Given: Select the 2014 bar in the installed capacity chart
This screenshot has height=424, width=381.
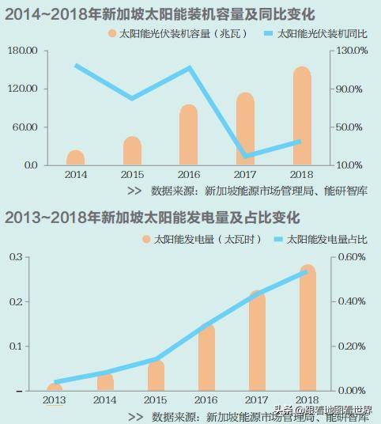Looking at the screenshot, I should pyautogui.click(x=76, y=157).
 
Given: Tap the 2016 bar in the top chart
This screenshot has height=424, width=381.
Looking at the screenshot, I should pyautogui.click(x=188, y=135).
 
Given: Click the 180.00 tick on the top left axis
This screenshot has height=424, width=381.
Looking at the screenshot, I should pyautogui.click(x=25, y=51).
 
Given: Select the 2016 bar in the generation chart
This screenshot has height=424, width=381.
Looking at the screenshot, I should pyautogui.click(x=206, y=356).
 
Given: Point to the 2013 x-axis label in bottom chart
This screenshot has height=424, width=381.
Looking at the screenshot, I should pyautogui.click(x=55, y=402).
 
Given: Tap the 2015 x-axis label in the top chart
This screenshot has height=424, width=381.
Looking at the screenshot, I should pyautogui.click(x=132, y=174).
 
